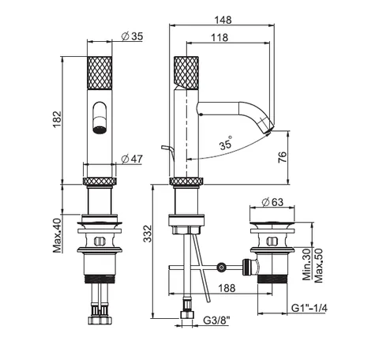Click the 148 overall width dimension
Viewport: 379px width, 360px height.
[223, 20]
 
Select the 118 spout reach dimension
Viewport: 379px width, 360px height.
[220, 38]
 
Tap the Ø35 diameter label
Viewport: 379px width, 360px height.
[133, 36]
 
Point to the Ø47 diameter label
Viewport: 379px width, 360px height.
[132, 159]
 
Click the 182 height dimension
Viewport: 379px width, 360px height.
[57, 119]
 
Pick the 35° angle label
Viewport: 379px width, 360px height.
[226, 143]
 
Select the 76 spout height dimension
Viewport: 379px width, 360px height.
[282, 157]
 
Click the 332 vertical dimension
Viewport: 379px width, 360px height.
[148, 234]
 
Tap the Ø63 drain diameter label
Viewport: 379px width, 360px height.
[272, 202]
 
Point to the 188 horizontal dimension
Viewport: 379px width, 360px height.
[227, 288]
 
